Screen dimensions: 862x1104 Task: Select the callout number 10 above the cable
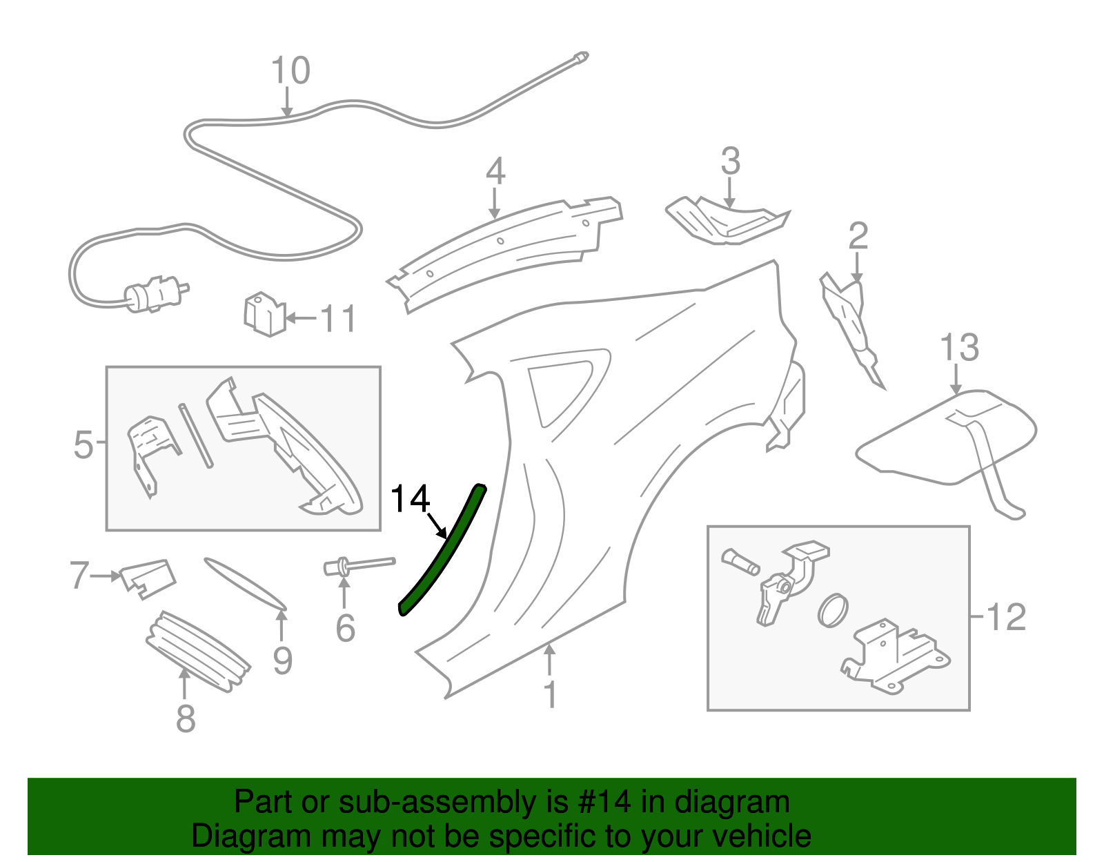pos(290,70)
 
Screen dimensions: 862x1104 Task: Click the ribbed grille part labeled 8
pos(198,652)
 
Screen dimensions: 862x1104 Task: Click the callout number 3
pos(730,161)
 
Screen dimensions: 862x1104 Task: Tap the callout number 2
pos(857,236)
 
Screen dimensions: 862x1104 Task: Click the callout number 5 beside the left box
pos(83,444)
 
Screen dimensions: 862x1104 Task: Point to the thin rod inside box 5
pos(196,435)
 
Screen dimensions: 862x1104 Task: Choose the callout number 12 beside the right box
pos(1006,616)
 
